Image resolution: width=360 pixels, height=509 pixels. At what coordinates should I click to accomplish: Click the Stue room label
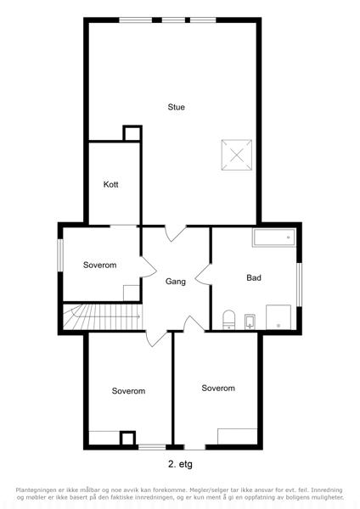coord(176,107)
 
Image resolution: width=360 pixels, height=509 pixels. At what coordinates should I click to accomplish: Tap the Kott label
coord(110,184)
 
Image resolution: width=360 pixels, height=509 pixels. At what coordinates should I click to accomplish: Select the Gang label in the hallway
coord(176,282)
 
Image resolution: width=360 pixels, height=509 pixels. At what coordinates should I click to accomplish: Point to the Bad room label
coord(254,277)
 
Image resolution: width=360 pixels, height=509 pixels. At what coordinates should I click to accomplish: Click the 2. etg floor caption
coord(180,464)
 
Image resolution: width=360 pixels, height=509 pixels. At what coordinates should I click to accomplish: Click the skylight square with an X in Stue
coord(237,155)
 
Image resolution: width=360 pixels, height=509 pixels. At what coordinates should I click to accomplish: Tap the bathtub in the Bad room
coord(274,238)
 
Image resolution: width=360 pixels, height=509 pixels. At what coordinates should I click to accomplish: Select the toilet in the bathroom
coord(228,320)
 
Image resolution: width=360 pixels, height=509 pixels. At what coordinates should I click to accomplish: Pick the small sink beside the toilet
coord(250,322)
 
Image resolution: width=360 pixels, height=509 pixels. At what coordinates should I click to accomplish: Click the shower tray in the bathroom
coord(278,316)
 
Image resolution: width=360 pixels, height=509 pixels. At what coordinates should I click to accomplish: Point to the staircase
coord(103,316)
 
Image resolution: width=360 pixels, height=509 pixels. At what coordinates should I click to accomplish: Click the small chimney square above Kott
coord(132,133)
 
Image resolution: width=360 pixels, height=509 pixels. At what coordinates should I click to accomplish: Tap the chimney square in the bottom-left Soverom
coord(127,438)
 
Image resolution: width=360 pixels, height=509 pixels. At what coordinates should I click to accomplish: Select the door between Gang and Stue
coord(176,233)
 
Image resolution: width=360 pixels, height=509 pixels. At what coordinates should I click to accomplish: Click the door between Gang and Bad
coord(204,275)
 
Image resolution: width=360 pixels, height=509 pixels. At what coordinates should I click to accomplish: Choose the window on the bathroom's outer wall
coord(299,284)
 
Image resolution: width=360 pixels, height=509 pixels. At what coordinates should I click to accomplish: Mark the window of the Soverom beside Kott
coord(60,255)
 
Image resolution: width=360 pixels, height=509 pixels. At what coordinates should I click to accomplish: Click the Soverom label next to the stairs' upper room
coord(99,265)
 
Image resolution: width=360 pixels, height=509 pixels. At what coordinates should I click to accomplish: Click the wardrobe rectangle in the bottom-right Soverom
coord(238,436)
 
